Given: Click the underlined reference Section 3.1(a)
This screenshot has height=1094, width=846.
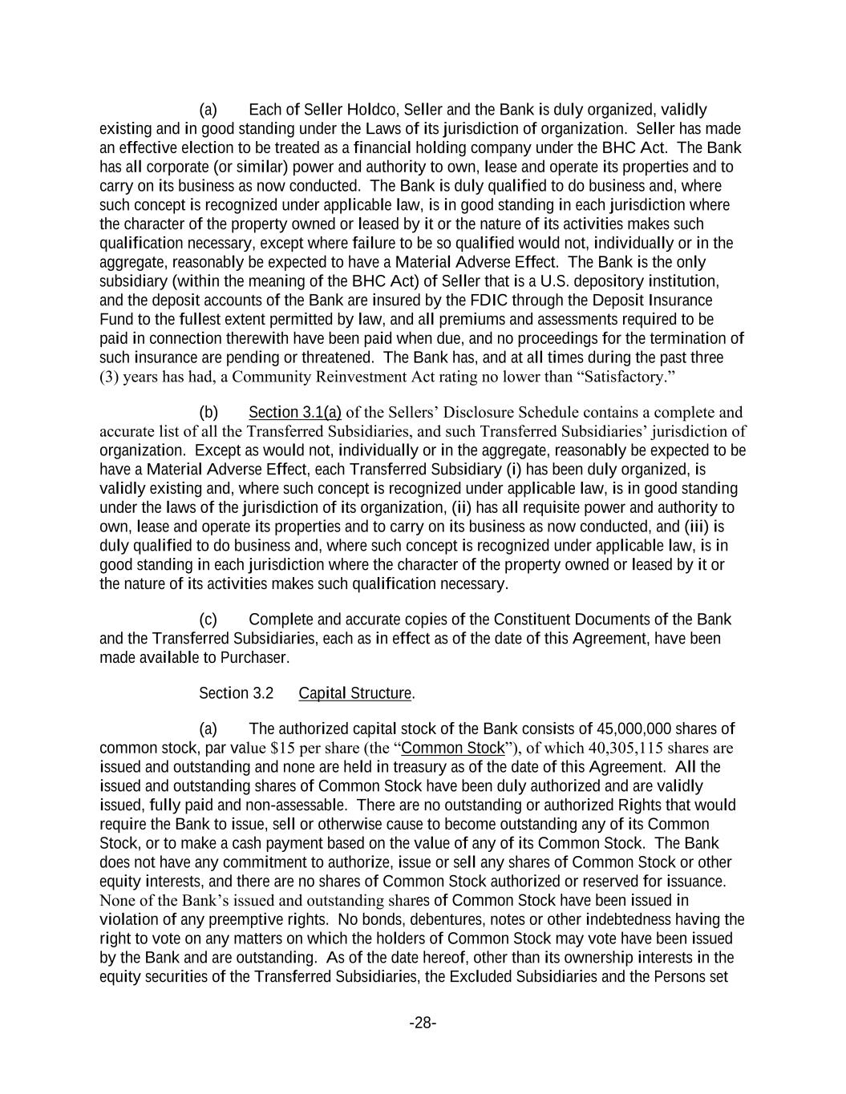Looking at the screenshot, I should click(295, 413).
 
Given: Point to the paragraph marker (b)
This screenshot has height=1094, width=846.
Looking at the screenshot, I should click(208, 413).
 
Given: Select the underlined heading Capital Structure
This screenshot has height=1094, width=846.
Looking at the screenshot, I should click(354, 693).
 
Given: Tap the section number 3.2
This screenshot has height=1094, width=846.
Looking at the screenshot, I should click(262, 693).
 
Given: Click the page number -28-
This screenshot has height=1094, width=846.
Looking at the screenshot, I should click(423, 1023).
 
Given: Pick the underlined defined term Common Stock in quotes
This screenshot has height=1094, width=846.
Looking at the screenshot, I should click(453, 749).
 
